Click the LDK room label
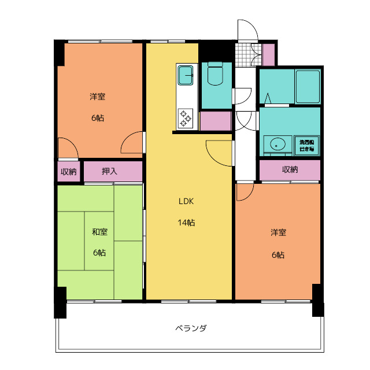(185, 202)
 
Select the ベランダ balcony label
(191, 328)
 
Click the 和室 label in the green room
(99, 232)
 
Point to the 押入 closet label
(109, 171)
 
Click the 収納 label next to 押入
(69, 172)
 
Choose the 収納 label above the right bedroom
(290, 169)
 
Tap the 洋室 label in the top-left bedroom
(97, 97)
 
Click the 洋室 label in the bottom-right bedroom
(278, 232)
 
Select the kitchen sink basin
(186, 74)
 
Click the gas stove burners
(186, 118)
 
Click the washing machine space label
(306, 145)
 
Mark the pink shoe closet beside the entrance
(268, 53)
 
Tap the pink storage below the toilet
(215, 121)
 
